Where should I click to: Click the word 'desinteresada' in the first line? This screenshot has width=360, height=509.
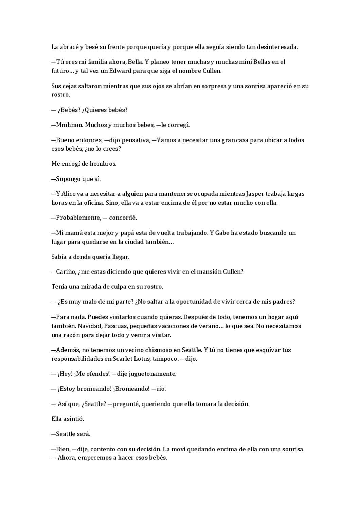277,47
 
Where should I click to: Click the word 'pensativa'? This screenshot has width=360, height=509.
133,140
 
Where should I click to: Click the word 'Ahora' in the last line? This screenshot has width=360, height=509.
66,458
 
